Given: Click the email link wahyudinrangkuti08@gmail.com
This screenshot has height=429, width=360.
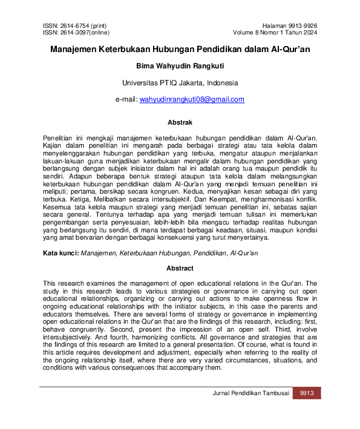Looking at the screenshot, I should pos(192,99).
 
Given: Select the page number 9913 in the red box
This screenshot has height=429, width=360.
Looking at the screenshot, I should pos(307,394).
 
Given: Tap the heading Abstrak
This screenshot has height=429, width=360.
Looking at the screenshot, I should pos(180,122).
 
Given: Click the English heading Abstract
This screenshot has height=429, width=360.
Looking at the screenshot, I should pos(180,269).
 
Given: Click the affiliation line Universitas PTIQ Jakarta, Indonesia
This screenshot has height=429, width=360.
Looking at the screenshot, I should pos(180,82).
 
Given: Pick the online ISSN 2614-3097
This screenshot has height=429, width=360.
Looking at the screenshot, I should pos(77,33).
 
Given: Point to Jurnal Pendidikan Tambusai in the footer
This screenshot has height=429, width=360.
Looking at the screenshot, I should pos(249,394).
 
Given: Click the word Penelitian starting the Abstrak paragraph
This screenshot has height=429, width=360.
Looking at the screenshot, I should pos(60,139).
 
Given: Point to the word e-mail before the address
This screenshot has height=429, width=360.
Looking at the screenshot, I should pos(126,99).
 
